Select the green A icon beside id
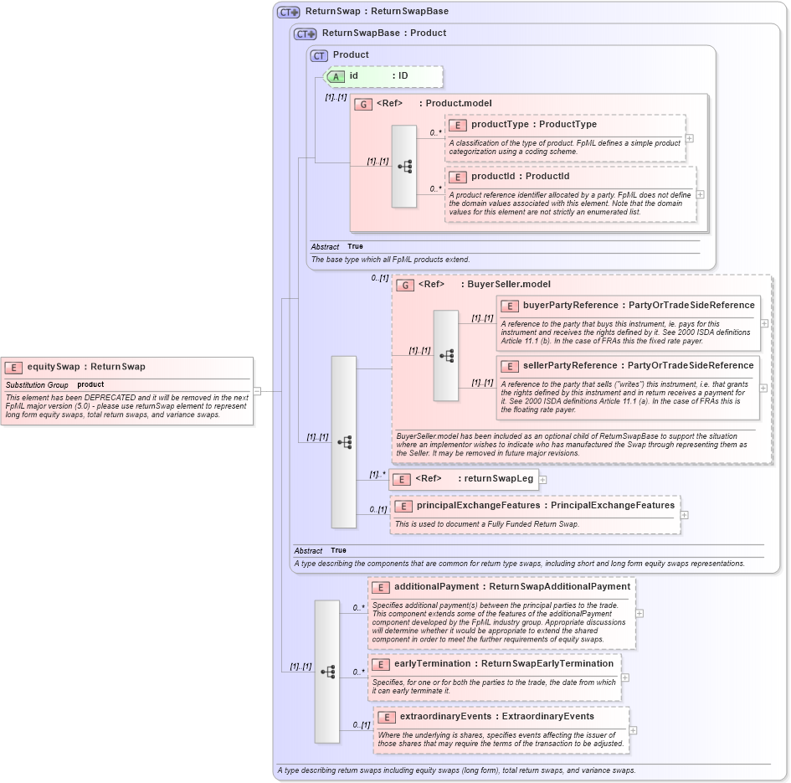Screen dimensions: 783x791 coord(336,76)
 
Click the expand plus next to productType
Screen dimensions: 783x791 coord(689,139)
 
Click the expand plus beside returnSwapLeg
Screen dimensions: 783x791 coord(542,480)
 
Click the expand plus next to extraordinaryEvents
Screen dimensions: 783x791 coord(632,730)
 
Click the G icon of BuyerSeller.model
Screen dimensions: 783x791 coord(405,286)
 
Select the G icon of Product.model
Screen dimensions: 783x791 coord(363,105)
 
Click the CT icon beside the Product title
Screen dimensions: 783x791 coord(319,56)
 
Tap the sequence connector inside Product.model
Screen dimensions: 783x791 coord(404,167)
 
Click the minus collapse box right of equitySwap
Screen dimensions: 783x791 coord(257,391)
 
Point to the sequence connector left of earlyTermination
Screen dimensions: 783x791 coord(327,672)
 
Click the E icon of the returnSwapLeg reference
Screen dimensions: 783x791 coord(402,480)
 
